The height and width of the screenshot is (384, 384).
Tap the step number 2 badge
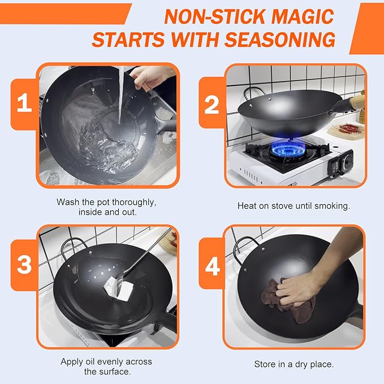coord(211,104)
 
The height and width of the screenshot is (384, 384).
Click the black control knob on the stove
coord(348,161)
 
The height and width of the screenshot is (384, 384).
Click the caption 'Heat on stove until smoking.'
coord(294,206)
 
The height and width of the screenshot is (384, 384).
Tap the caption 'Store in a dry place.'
coord(294,364)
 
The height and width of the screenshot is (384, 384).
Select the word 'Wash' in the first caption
coord(67,201)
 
